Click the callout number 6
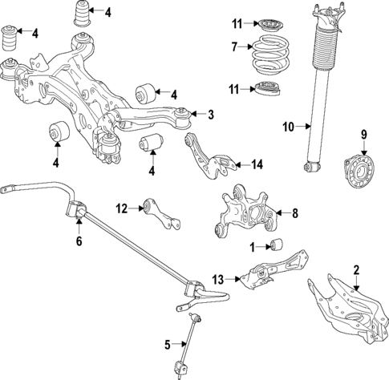(78, 241)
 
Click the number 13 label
(217, 278)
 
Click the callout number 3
(210, 115)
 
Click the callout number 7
(234, 47)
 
